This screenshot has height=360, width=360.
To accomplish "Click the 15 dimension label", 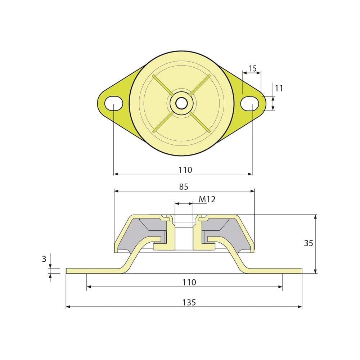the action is tap(252, 68).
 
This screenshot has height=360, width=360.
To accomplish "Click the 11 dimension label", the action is tap(279, 88).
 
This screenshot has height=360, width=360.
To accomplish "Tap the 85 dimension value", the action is tap(184, 187).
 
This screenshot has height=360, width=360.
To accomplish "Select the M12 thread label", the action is tap(207, 199).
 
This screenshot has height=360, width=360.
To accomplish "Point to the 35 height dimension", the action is tap(309, 243).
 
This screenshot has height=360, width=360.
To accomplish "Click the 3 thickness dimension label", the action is tap(44, 259).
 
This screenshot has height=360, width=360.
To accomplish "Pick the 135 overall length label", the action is tap(189, 302).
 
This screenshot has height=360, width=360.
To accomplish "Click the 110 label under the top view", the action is tap(185, 170).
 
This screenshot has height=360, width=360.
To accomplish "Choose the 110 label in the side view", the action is tap(189, 282).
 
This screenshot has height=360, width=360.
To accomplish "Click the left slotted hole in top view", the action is tap(114, 103).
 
